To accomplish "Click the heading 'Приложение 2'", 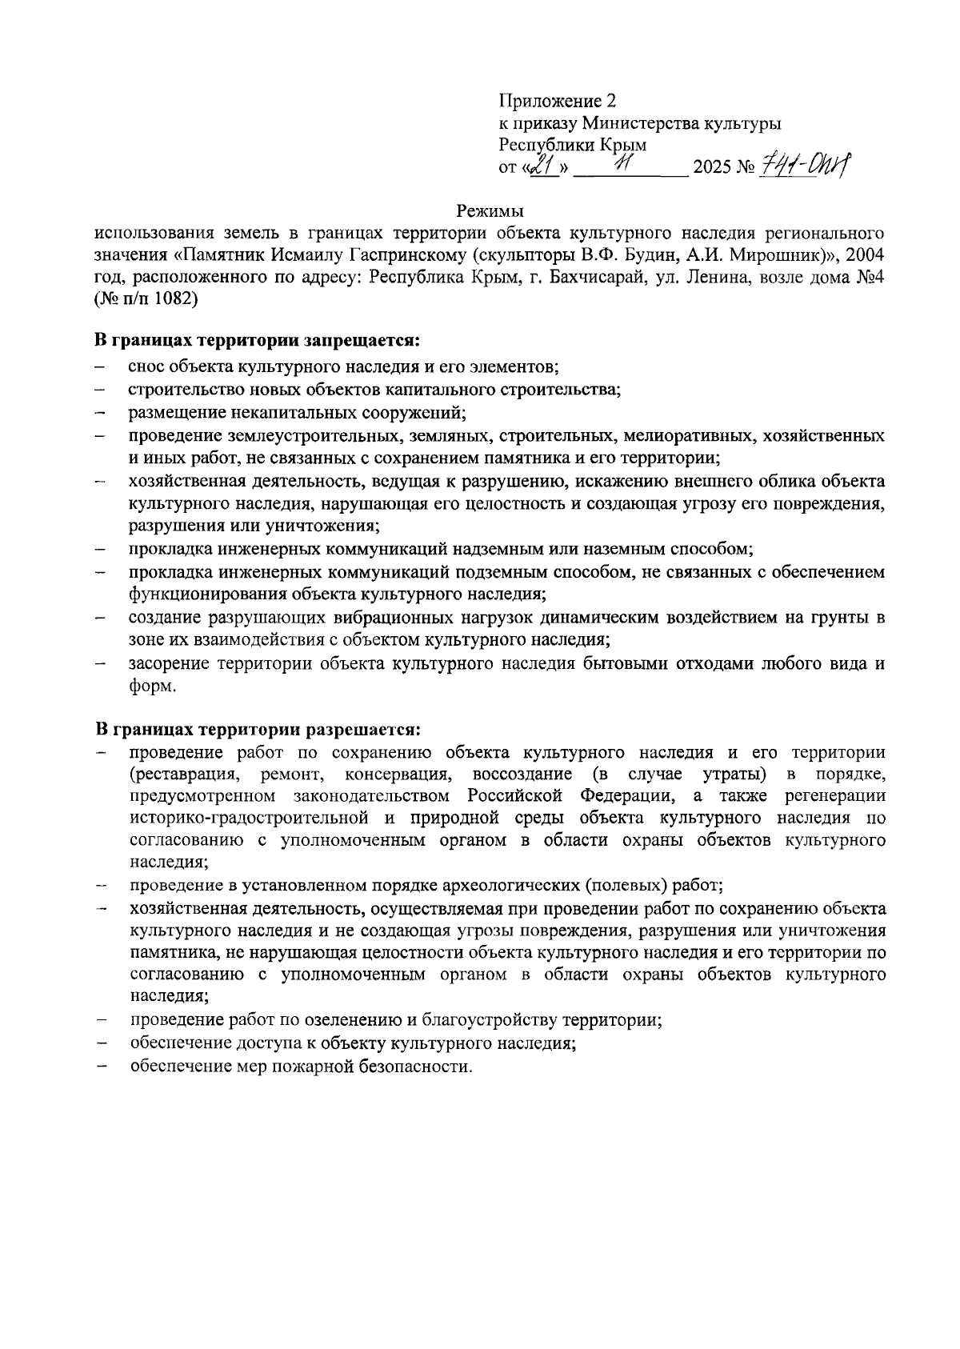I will coord(558,102).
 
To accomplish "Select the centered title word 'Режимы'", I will coord(490,211).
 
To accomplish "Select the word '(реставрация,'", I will coord(184,775).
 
